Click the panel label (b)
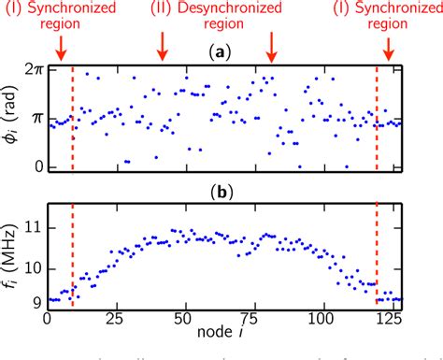[x=224, y=194]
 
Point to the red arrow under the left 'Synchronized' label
[x=61, y=47]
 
